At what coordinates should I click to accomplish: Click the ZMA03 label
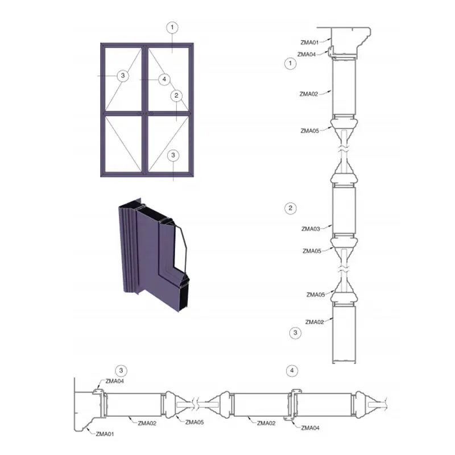(x=311, y=229)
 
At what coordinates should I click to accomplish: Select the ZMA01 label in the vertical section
(x=309, y=43)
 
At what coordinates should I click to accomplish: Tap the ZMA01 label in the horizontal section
(x=105, y=434)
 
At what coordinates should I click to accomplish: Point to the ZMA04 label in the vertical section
(x=307, y=55)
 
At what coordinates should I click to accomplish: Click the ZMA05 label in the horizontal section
(x=195, y=422)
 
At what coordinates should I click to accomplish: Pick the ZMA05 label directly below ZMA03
(x=312, y=251)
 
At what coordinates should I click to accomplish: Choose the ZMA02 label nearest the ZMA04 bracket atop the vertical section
(x=309, y=94)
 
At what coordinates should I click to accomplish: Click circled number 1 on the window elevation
(x=172, y=27)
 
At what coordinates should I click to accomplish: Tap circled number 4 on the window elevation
(x=164, y=79)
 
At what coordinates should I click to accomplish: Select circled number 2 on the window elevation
(x=176, y=96)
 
